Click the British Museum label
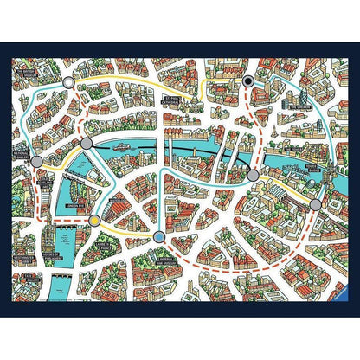click(x=31, y=72)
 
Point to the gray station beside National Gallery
click(x=35, y=160)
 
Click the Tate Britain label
click(x=26, y=275)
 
